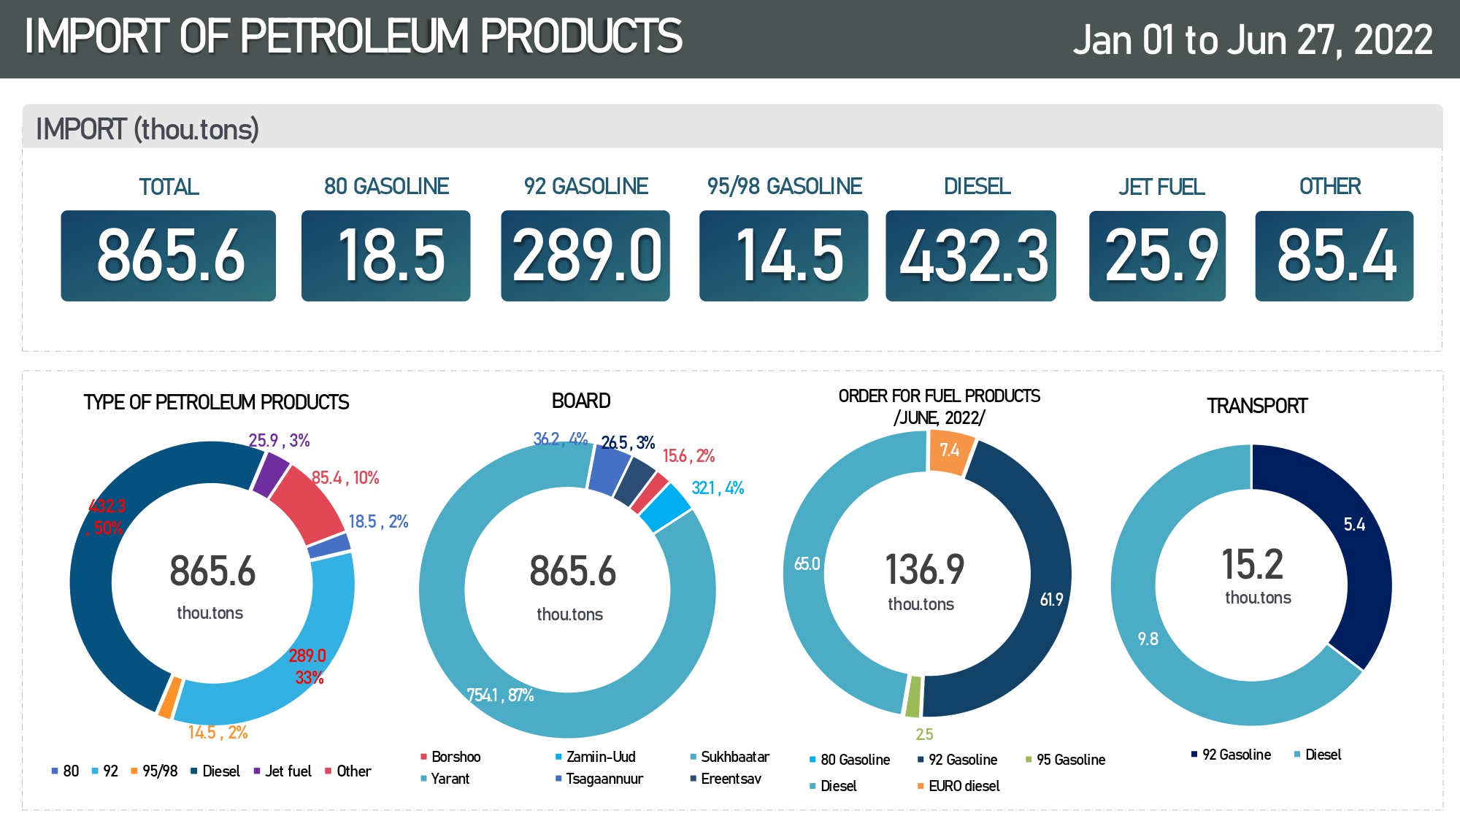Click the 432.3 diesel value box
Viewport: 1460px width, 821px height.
[x=971, y=255]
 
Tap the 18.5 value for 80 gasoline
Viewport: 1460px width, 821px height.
[x=385, y=255]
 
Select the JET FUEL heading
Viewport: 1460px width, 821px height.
[x=1161, y=188]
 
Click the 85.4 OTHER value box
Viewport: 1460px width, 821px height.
[x=1334, y=255]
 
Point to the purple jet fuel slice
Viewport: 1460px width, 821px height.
[x=271, y=473]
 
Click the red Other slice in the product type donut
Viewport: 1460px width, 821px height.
[x=307, y=503]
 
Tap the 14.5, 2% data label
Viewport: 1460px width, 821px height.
[x=218, y=733]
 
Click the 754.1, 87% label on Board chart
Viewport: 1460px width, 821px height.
[x=500, y=695]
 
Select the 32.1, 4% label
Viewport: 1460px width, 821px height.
[x=718, y=488]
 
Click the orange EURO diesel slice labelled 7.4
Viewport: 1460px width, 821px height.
[x=950, y=452]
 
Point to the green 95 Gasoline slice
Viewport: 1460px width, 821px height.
[x=912, y=696]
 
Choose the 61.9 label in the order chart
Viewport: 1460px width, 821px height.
[x=1051, y=600]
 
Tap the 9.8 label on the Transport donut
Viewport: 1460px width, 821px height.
[x=1148, y=639]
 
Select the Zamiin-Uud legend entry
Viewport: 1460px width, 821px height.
[x=600, y=757]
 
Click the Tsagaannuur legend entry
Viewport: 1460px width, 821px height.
[x=604, y=779]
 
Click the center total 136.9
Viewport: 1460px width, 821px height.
[x=924, y=570]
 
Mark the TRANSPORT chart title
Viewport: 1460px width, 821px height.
[x=1256, y=406]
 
